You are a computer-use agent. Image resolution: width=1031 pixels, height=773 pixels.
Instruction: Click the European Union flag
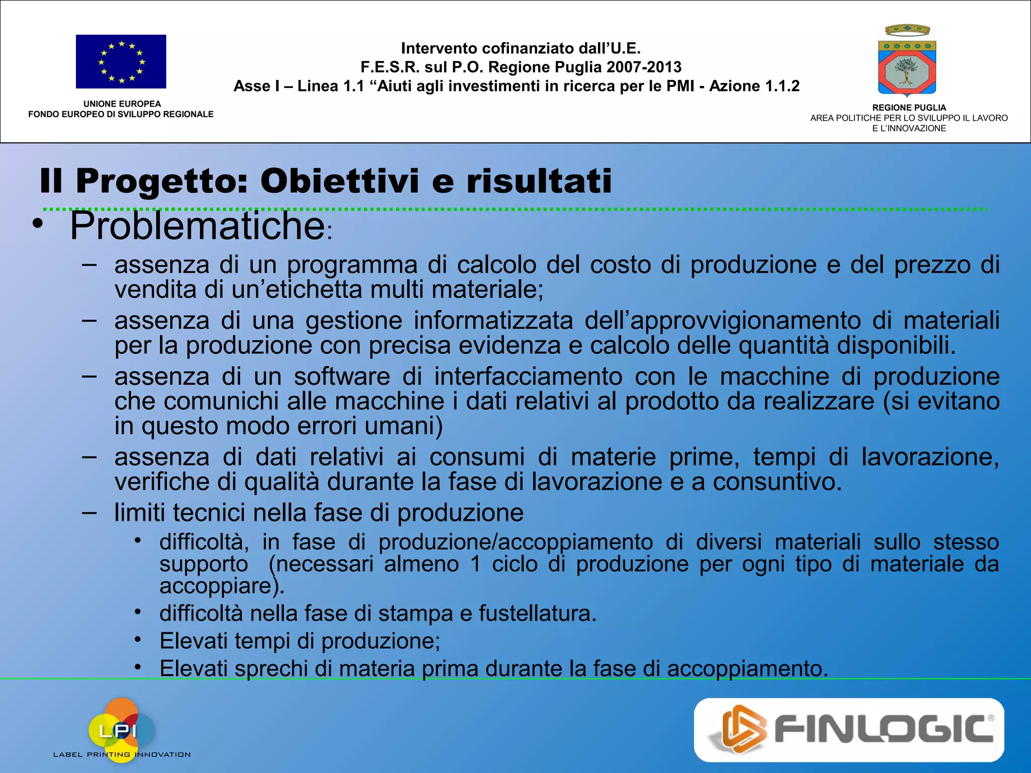[x=121, y=61]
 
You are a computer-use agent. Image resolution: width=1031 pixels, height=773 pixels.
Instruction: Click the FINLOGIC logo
[x=849, y=729]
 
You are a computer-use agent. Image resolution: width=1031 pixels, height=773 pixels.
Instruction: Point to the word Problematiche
[x=197, y=226]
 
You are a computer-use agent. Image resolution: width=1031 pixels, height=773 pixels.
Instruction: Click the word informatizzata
[x=493, y=321]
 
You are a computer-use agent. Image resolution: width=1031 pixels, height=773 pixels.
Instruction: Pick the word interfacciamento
[x=528, y=376]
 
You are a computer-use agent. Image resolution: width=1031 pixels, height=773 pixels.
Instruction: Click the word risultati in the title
[x=539, y=181]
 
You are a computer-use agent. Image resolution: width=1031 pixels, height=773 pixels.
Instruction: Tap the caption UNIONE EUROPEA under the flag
[x=122, y=104]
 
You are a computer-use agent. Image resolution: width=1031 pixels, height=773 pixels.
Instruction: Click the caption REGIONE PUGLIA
[x=909, y=108]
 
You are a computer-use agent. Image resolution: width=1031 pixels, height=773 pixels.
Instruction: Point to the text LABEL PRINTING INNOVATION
[x=122, y=754]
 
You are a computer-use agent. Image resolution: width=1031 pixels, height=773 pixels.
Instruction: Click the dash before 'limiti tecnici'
[x=89, y=513]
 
